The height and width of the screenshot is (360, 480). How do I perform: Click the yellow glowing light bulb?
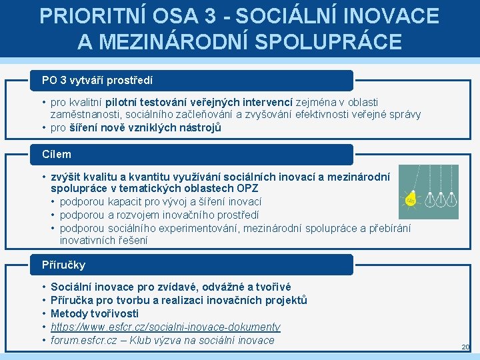point(411,201)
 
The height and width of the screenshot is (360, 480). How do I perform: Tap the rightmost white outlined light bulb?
point(451,198)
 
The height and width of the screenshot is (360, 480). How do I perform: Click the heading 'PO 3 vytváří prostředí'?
point(97,80)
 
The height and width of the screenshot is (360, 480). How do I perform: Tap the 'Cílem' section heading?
point(57,154)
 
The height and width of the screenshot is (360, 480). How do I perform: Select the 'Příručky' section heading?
point(64,265)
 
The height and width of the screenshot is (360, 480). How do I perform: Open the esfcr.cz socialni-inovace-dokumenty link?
point(165,327)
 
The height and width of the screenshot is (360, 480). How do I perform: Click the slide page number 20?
point(465,347)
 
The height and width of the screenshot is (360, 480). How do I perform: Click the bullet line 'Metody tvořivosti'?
point(95,313)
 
